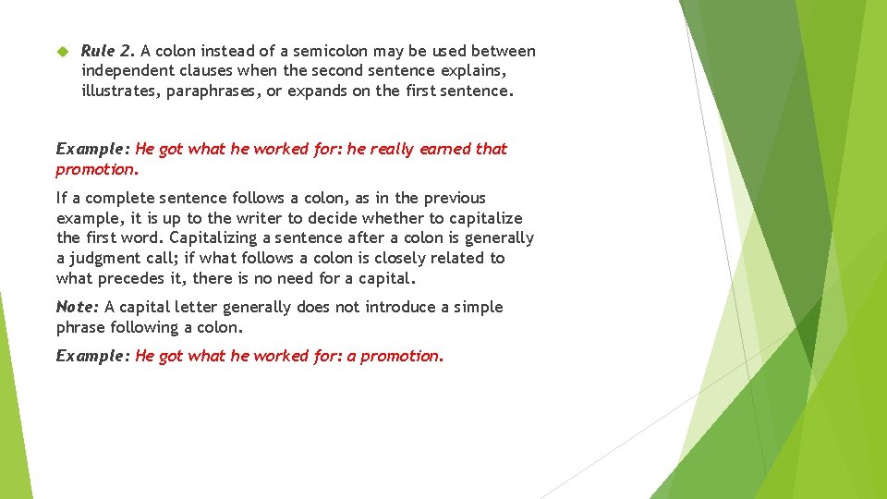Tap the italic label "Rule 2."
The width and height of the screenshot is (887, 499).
pos(108,51)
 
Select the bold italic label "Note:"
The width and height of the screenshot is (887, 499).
pos(78,307)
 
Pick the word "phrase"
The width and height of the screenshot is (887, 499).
pos(80,327)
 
